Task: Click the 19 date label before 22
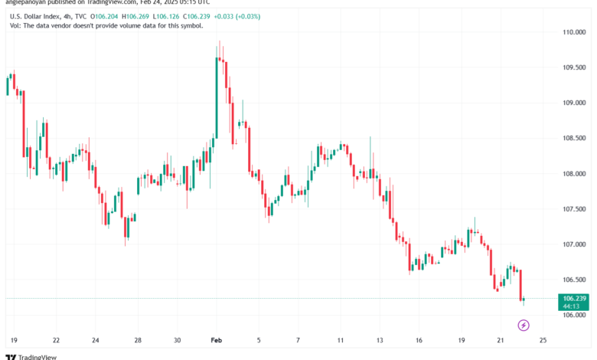click(15, 339)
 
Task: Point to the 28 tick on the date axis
click(137, 339)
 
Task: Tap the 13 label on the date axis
click(379, 339)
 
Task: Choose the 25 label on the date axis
click(542, 339)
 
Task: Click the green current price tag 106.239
click(573, 298)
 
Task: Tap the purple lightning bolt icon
click(524, 325)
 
